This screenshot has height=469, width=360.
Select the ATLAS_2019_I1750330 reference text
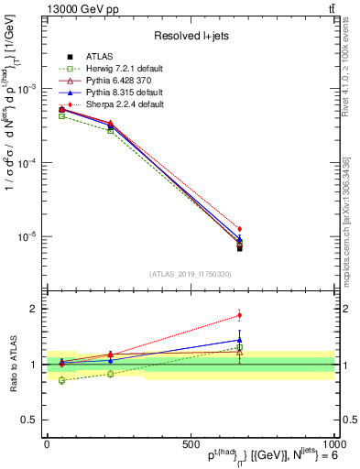(x=191, y=274)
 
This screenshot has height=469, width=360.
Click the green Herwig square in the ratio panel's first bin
(x=61, y=380)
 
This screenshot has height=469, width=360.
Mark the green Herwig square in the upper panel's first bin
(x=61, y=115)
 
